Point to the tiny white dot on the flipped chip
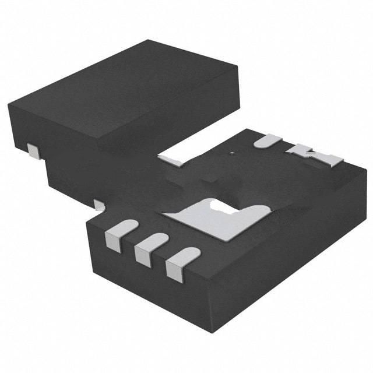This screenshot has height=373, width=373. pyautogui.click(x=232, y=153)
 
